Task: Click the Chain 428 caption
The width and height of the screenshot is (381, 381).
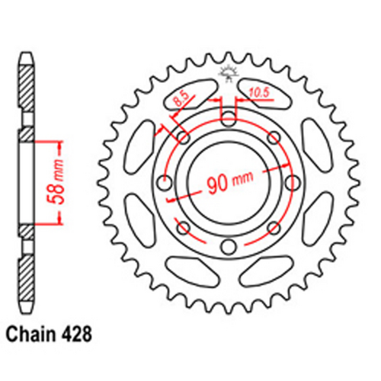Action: [50, 334]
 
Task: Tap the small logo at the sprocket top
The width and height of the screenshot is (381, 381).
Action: [227, 75]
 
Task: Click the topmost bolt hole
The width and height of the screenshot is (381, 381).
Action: [228, 118]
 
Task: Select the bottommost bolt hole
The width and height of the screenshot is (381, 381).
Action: [228, 246]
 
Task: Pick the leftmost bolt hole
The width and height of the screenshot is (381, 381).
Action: [164, 182]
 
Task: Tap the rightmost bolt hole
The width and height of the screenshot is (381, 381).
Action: [292, 182]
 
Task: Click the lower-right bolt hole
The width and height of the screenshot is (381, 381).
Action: [273, 227]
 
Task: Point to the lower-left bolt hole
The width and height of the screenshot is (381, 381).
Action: [183, 227]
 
